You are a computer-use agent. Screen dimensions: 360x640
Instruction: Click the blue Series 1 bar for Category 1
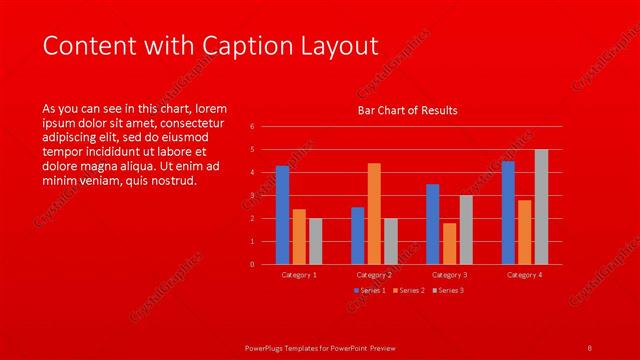coord(282,215)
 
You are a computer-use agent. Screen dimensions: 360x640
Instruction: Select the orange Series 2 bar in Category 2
coord(374,213)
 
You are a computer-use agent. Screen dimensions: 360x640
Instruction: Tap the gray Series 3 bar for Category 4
coord(541,207)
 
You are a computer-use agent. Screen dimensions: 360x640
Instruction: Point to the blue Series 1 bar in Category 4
coord(508,212)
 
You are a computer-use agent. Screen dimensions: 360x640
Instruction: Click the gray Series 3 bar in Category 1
coord(315,241)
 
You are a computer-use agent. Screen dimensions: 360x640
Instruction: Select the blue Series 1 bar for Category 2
coord(357,235)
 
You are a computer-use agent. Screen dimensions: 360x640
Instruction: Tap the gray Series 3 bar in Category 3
coord(466,230)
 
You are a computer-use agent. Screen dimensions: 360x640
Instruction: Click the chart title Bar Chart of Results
coord(407,110)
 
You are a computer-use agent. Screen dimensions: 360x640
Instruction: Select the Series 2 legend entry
coord(408,290)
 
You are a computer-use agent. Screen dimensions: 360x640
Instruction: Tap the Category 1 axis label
coord(299,274)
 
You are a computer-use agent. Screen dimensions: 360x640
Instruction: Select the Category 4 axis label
coord(524,274)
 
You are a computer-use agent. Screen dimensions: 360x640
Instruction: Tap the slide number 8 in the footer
coord(589,347)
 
